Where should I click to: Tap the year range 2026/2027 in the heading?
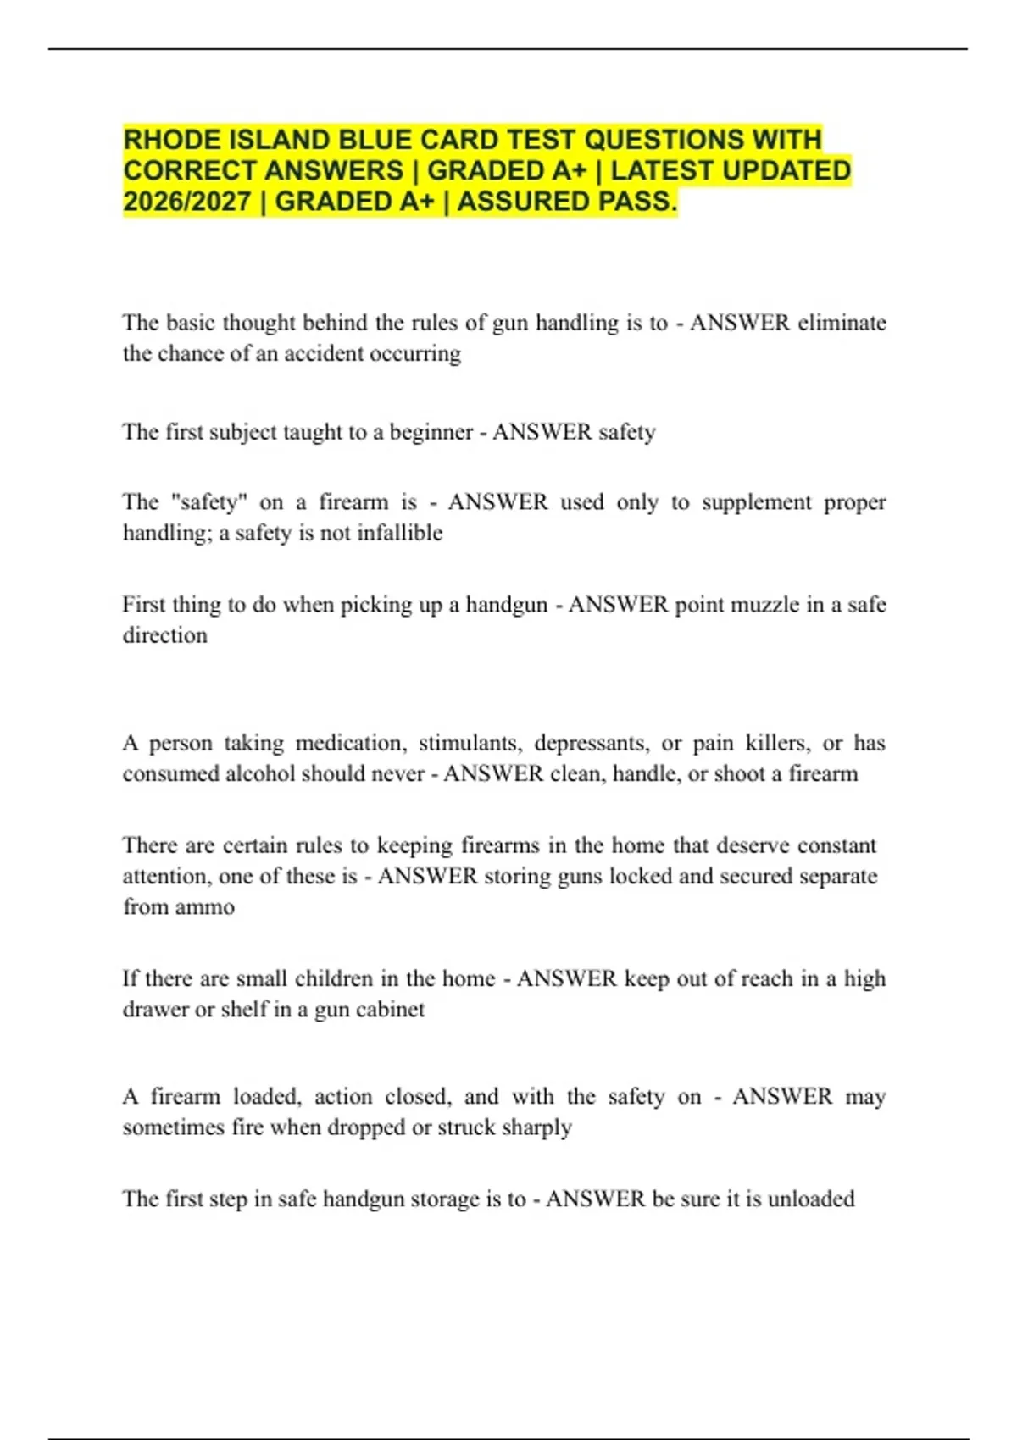click(187, 202)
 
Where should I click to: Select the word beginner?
click(431, 432)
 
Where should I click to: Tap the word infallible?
click(399, 533)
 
